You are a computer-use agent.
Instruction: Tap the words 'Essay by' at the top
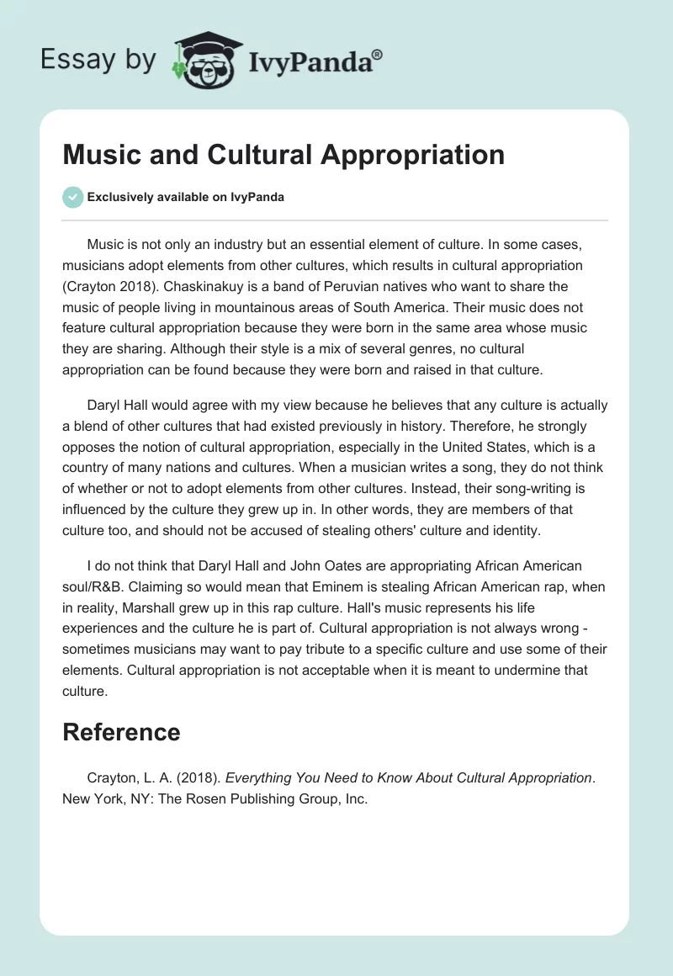point(98,59)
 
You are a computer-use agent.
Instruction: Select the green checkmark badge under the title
point(72,198)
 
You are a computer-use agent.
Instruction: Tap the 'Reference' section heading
point(121,732)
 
